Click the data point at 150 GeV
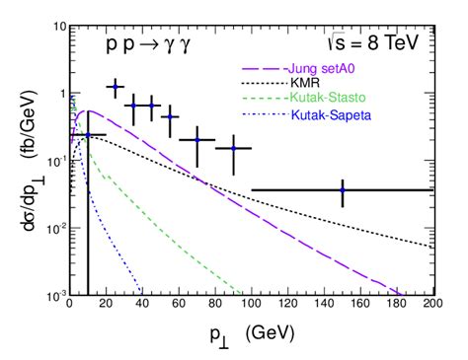pyautogui.click(x=343, y=189)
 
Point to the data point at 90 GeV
pyautogui.click(x=233, y=148)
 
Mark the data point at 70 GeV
pyautogui.click(x=196, y=139)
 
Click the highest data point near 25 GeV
pyautogui.click(x=115, y=87)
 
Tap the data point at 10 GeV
pyautogui.click(x=88, y=135)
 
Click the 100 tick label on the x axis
pyautogui.click(x=251, y=307)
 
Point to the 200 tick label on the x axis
pyautogui.click(x=431, y=307)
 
